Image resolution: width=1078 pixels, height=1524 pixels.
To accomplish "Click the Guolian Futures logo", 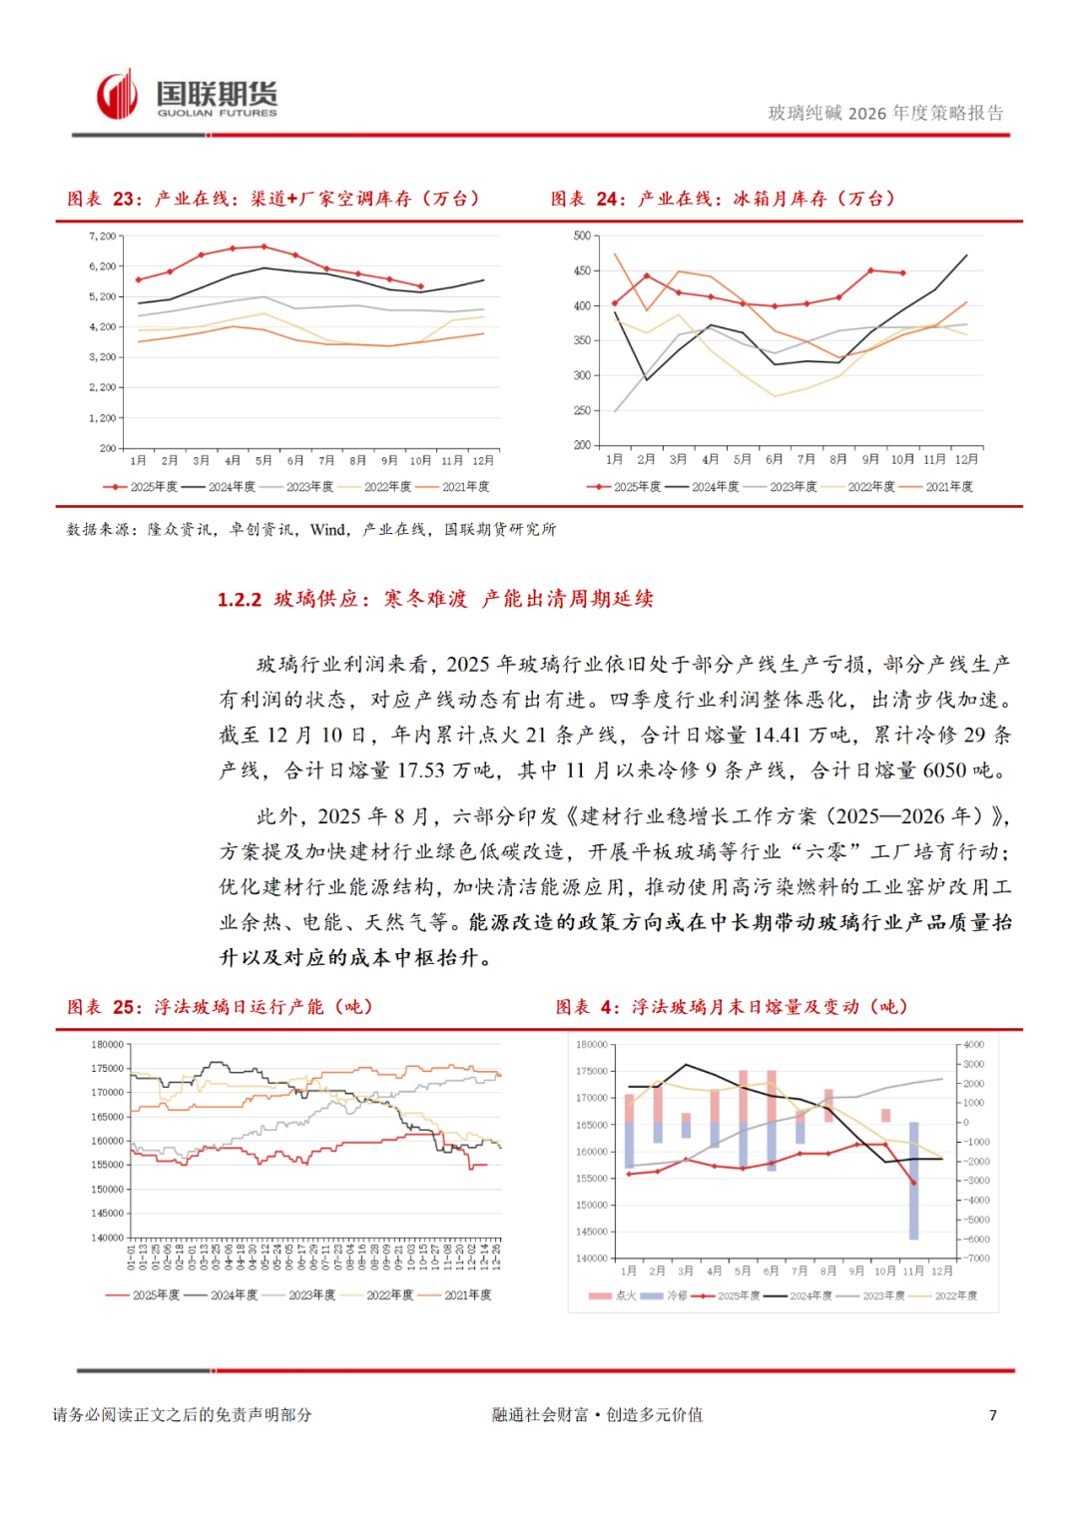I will coord(187,97).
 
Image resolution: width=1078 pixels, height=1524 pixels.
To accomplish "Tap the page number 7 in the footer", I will coord(992,1415).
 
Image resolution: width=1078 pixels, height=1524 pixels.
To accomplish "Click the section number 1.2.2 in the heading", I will coord(240,600).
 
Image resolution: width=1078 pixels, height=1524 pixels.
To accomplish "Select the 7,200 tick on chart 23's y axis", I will coord(103,237).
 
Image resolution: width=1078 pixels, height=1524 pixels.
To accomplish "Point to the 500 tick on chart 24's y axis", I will coord(582,236).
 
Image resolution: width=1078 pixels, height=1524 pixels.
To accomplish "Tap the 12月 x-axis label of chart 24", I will coord(966,460).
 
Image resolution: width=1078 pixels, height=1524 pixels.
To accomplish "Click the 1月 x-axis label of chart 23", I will coord(139,461).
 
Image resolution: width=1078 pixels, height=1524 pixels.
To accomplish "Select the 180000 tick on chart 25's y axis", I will coord(108,1045).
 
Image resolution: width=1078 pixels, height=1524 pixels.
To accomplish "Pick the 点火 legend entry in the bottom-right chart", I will coord(613,1295).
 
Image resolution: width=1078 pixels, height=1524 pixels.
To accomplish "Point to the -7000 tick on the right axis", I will coord(976,1259).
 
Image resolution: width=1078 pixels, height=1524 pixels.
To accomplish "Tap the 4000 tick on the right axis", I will coord(973,1045).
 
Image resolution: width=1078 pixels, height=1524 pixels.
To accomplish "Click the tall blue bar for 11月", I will coord(913,1182).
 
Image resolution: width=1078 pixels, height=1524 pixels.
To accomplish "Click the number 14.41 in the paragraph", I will coord(777,736).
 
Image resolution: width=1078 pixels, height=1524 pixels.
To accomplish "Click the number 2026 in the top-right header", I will coord(866,114).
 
